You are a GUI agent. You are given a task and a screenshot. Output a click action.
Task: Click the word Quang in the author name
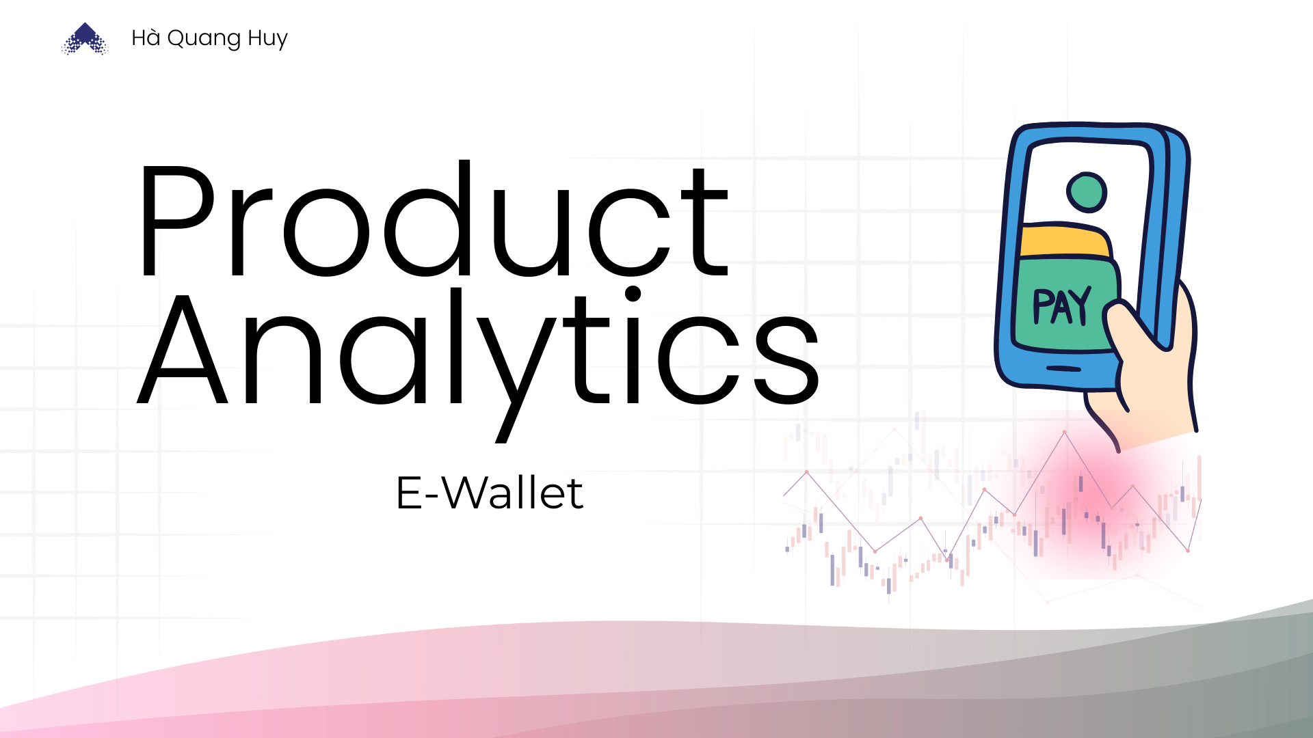pyautogui.click(x=204, y=38)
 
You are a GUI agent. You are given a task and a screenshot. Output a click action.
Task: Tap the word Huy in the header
pyautogui.click(x=267, y=38)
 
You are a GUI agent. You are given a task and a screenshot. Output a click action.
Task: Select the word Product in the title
pyautogui.click(x=434, y=219)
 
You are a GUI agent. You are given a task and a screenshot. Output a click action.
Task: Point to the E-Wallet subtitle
pyautogui.click(x=490, y=493)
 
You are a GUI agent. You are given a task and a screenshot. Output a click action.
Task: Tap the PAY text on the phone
pyautogui.click(x=1061, y=305)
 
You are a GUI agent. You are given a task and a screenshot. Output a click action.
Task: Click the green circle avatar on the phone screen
pyautogui.click(x=1086, y=191)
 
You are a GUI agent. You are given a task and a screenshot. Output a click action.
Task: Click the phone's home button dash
pyautogui.click(x=1063, y=369)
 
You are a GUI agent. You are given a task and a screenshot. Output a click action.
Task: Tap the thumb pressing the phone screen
pyautogui.click(x=1132, y=328)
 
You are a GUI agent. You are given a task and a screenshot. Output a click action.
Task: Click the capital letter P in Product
pyautogui.click(x=178, y=221)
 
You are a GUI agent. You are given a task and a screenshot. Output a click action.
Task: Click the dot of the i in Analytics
pyautogui.click(x=633, y=294)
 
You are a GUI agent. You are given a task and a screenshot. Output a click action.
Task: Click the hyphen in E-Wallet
pyautogui.click(x=432, y=496)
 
